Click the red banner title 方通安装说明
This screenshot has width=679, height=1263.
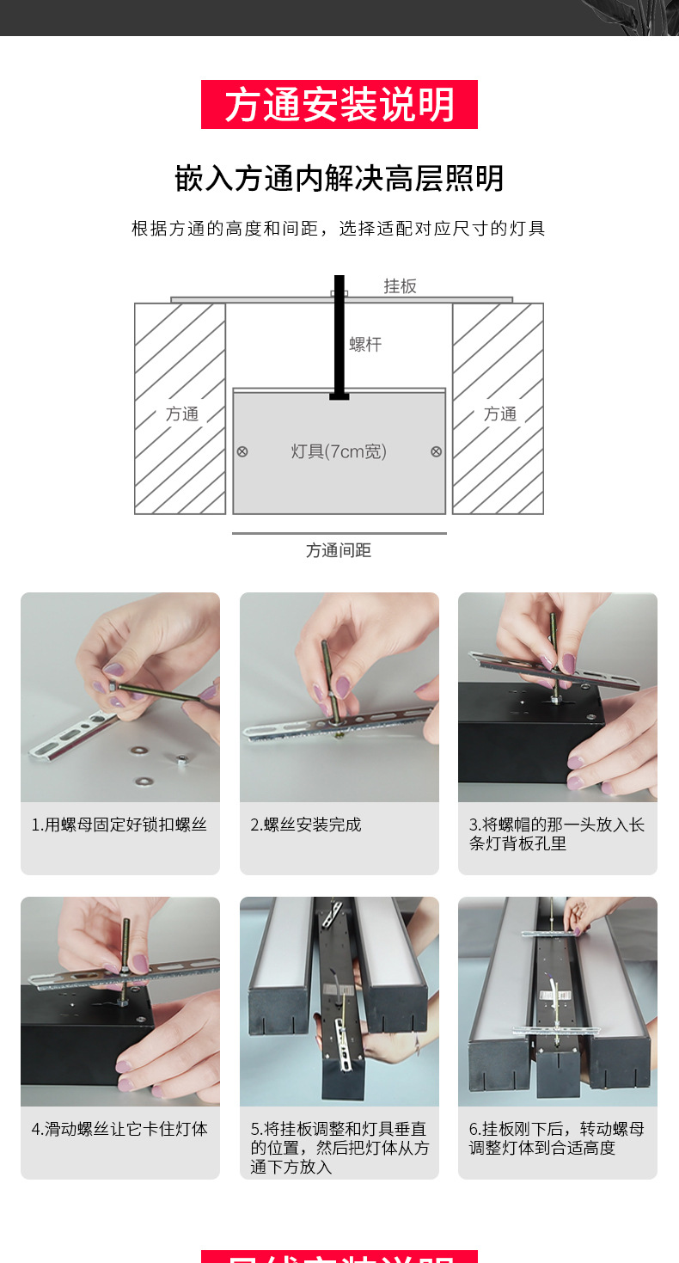click(x=339, y=105)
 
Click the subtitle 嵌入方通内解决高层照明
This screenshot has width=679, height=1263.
click(x=339, y=179)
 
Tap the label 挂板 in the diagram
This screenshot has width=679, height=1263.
click(x=400, y=286)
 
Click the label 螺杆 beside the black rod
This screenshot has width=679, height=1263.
click(x=365, y=344)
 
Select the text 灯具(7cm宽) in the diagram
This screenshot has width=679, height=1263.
click(x=339, y=451)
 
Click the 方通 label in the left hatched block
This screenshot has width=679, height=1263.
click(x=182, y=414)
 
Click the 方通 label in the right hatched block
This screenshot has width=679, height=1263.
click(x=500, y=414)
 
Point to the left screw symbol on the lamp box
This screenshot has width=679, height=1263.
click(x=242, y=451)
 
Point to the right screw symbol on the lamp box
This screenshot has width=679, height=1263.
click(x=436, y=451)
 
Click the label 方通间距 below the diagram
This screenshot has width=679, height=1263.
click(x=339, y=550)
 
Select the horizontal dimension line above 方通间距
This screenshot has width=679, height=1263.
click(x=339, y=533)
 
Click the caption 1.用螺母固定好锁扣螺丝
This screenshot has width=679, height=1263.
click(x=119, y=825)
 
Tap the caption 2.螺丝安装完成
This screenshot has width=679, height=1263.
click(x=306, y=825)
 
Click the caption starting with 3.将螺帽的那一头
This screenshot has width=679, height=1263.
click(x=557, y=834)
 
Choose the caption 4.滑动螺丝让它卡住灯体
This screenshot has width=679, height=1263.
click(x=119, y=1129)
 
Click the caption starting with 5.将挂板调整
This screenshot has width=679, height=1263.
click(x=339, y=1148)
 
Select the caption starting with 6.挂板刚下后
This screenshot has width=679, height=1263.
click(x=557, y=1138)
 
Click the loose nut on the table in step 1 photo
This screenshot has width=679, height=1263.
click(x=181, y=758)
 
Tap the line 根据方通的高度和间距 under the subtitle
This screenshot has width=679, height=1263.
click(x=339, y=229)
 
